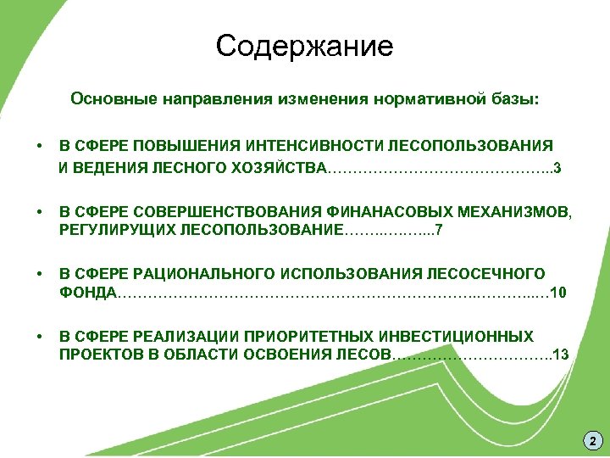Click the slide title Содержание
point(304,46)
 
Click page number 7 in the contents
point(438,230)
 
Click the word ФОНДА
point(88,293)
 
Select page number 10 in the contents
point(558,293)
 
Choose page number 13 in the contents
point(560,354)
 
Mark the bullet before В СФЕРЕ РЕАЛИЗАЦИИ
point(40,337)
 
